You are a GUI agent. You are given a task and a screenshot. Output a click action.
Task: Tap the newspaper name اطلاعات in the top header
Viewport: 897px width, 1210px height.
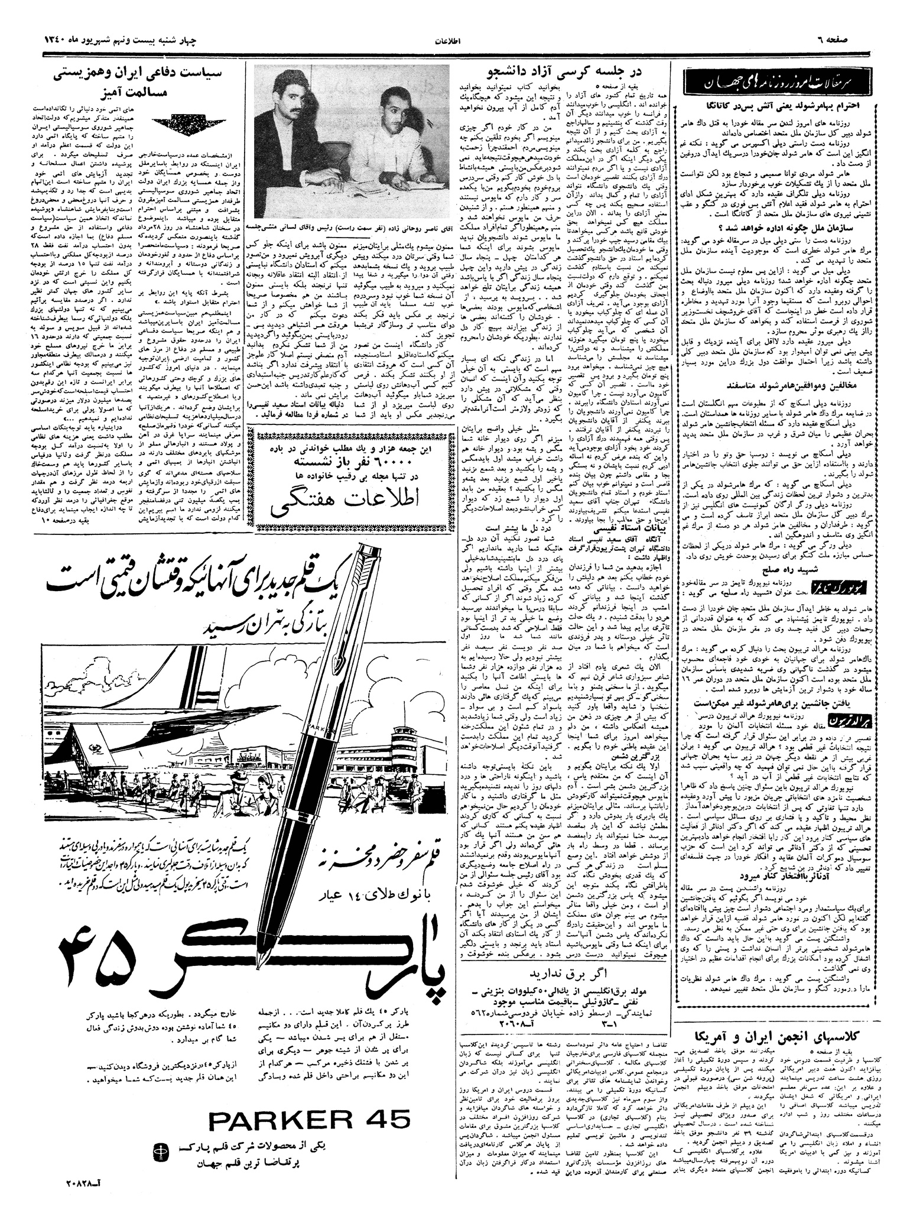[x=448, y=43]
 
